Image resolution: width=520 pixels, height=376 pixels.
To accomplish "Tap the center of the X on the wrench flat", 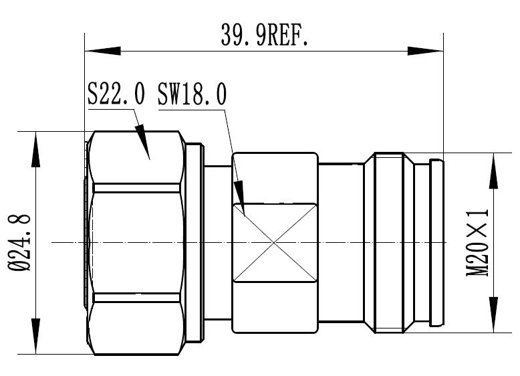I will [x=275, y=242].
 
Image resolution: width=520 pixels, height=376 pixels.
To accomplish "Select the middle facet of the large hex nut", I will [x=137, y=242].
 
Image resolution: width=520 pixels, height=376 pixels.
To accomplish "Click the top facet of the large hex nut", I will [x=137, y=157].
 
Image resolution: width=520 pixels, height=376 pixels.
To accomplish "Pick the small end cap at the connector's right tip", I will [x=435, y=242].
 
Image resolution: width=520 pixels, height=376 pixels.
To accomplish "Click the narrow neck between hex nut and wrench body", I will [x=217, y=242].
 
